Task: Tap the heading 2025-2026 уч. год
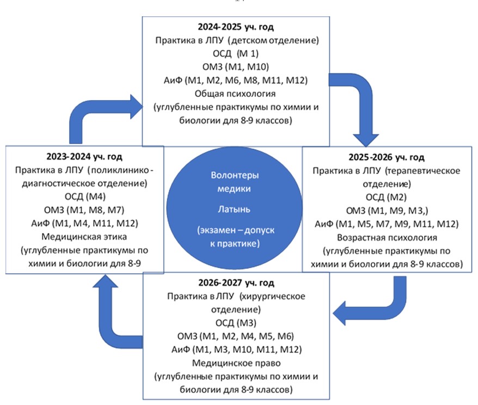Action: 387,158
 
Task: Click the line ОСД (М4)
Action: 79,197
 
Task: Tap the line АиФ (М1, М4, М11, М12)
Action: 79,223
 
